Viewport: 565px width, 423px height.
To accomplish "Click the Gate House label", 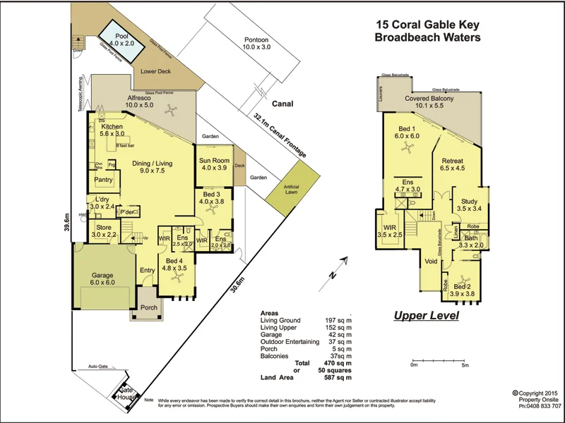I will point(126,393).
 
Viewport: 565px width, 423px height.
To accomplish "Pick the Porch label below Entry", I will point(149,307).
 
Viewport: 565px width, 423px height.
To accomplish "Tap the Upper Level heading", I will point(426,315).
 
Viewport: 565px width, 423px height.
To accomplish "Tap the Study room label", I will point(469,202).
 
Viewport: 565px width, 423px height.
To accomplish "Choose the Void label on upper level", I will point(431,262).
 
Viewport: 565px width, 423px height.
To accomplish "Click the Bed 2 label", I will point(462,287).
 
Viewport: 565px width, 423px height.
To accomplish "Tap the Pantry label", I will point(104,180).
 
